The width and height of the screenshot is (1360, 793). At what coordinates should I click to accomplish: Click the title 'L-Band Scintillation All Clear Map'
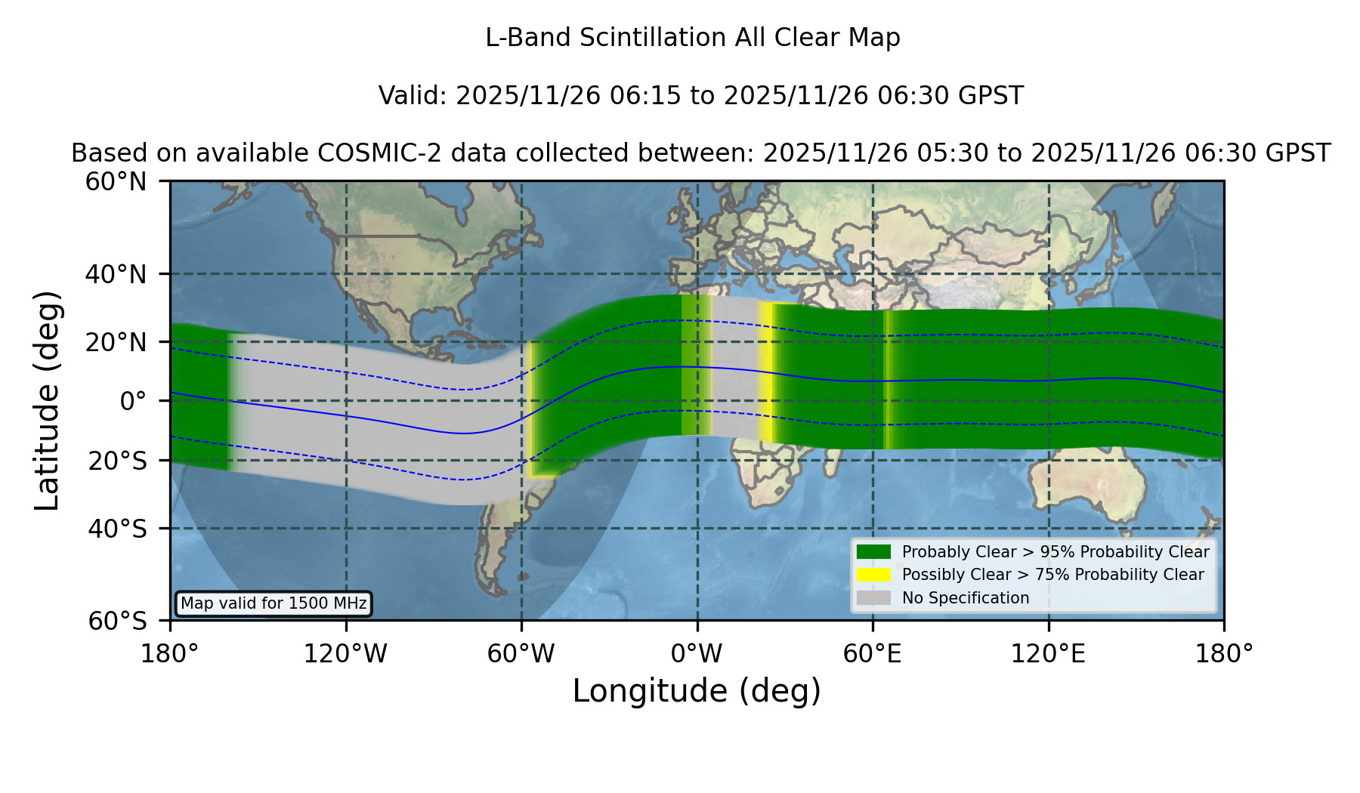tap(693, 38)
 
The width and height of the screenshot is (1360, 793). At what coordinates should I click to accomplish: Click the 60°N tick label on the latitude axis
tap(116, 181)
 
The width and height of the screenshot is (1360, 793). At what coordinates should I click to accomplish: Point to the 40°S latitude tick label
tap(117, 529)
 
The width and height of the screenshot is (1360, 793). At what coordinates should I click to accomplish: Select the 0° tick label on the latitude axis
tap(133, 401)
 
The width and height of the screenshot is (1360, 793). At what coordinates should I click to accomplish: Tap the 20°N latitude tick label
tap(116, 342)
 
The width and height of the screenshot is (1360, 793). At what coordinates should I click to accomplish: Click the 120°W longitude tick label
tap(345, 653)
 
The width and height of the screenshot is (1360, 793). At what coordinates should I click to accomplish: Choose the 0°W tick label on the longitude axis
tap(697, 653)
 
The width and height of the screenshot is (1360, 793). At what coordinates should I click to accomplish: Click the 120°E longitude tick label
tap(1048, 653)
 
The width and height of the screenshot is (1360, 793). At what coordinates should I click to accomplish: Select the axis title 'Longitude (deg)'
tap(697, 691)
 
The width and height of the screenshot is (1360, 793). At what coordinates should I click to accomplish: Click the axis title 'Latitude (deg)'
tap(47, 400)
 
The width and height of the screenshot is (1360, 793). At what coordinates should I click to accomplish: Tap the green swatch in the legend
tap(874, 551)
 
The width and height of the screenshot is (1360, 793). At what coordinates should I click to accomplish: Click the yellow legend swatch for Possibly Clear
tap(874, 575)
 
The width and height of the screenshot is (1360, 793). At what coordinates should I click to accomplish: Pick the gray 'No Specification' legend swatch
tap(874, 598)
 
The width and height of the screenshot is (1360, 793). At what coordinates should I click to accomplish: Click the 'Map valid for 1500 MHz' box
tap(274, 603)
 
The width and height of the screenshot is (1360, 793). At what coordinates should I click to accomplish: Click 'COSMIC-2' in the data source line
tap(369, 153)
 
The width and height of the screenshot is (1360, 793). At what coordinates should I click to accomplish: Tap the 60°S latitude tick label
tap(117, 621)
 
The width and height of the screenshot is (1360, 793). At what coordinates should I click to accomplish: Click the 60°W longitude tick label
tap(521, 653)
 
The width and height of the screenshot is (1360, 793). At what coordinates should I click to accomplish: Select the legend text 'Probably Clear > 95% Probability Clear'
tap(1056, 552)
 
